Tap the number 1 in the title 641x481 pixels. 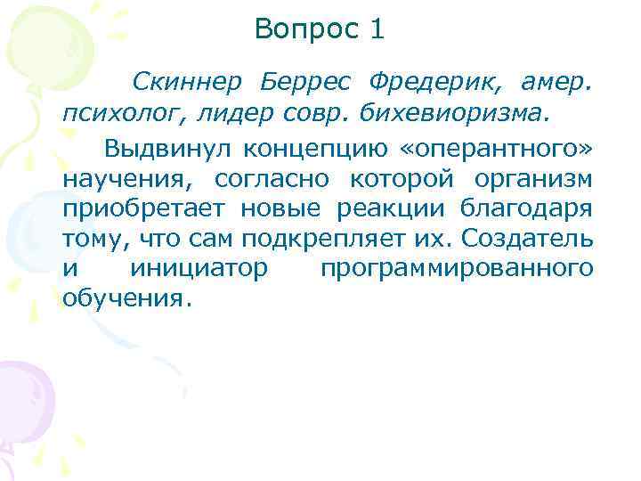(377, 30)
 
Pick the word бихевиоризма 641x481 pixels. (463, 114)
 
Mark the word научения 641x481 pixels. (119, 177)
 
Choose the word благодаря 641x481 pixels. (524, 208)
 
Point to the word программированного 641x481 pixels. (455, 269)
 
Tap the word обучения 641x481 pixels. (125, 298)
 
